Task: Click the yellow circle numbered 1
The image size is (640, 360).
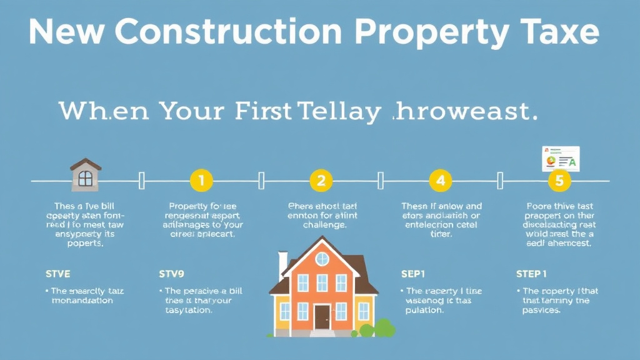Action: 201,181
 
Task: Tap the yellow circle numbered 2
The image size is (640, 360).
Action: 321,181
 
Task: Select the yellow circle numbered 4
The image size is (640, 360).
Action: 440,181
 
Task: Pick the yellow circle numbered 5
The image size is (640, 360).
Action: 559,181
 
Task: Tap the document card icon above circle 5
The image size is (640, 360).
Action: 560,159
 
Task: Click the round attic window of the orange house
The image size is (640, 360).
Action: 321,259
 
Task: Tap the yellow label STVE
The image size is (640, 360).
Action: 58,273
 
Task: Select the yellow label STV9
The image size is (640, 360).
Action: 172,273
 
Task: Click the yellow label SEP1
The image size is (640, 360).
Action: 412,273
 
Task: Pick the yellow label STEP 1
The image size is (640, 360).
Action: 532,273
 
